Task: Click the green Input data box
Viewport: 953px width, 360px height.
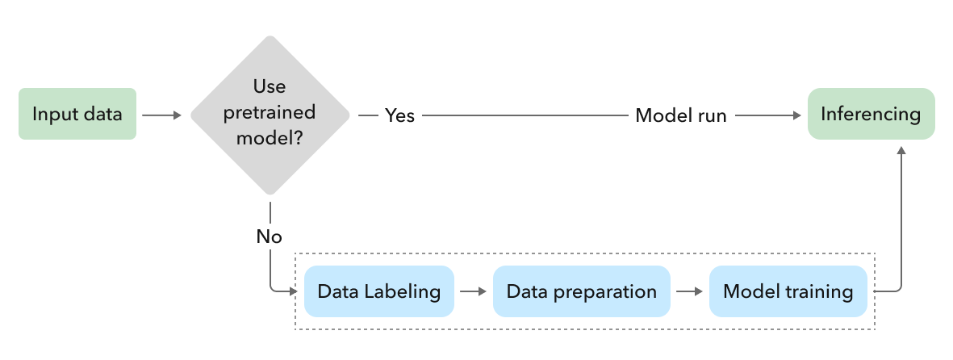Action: click(x=77, y=115)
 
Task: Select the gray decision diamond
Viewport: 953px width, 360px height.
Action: click(x=270, y=115)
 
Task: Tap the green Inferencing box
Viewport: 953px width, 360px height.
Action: click(x=871, y=115)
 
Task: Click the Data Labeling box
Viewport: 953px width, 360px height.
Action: click(x=379, y=291)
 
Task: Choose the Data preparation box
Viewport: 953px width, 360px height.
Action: click(x=581, y=291)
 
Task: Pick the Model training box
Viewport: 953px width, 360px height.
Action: click(x=788, y=291)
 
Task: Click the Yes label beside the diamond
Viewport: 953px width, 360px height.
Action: click(x=399, y=115)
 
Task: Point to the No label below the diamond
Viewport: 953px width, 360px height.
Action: click(x=269, y=237)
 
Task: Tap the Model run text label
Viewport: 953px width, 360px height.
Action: click(x=680, y=115)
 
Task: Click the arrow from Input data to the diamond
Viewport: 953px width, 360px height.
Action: click(x=161, y=115)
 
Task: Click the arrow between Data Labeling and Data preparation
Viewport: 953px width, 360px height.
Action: click(x=474, y=291)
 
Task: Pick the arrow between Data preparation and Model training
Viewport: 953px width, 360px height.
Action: click(x=689, y=291)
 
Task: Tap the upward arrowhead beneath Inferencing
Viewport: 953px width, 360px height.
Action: click(x=901, y=153)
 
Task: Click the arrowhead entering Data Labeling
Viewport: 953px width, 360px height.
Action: click(x=293, y=291)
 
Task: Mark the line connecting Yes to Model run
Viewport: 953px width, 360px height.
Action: click(x=525, y=115)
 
